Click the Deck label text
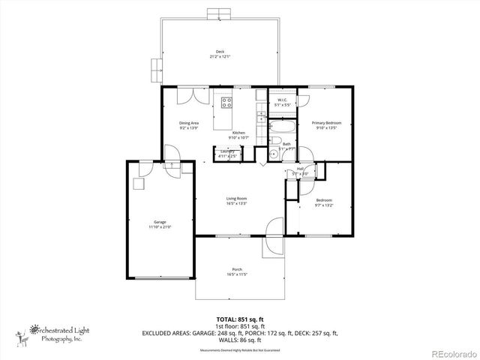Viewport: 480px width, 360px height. [x=220, y=51]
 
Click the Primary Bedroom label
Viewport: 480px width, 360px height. [x=326, y=122]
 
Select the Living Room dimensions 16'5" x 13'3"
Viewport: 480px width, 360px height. [x=237, y=203]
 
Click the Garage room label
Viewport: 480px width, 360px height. [x=160, y=222]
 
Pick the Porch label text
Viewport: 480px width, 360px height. [x=237, y=269]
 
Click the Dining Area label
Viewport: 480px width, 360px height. [x=188, y=123]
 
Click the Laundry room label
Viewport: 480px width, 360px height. [x=227, y=151]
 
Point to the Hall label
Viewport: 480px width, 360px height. [x=300, y=169]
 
